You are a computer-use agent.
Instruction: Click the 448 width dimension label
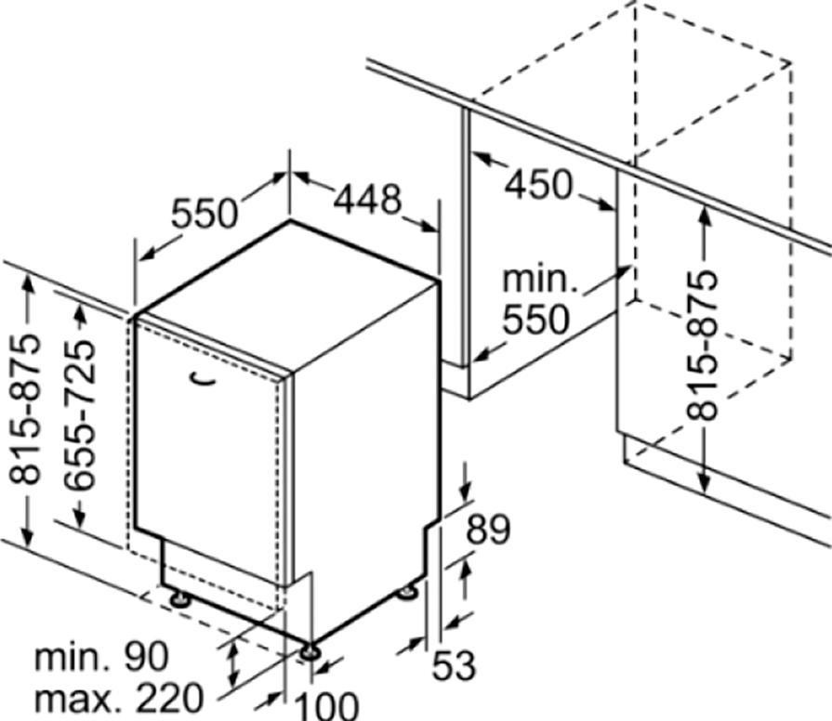[x=368, y=200]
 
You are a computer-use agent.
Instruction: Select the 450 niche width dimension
[x=538, y=185]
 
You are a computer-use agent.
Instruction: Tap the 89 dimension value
[x=488, y=529]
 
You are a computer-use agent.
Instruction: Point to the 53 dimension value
[x=454, y=665]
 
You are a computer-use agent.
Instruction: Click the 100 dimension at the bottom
[x=326, y=705]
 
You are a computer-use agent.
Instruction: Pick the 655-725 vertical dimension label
[x=80, y=414]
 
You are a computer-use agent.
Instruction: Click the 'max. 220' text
[x=119, y=698]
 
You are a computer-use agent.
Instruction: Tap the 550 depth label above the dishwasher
[x=205, y=213]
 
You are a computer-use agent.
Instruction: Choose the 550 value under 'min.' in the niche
[x=535, y=319]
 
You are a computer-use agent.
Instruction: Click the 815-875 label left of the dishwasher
[x=25, y=409]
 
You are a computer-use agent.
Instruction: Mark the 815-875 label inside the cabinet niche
[x=702, y=346]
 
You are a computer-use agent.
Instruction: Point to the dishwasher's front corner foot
[x=309, y=652]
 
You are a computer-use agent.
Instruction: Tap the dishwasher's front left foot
[x=180, y=599]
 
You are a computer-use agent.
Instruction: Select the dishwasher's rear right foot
[x=407, y=591]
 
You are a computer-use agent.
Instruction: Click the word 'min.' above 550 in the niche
[x=539, y=279]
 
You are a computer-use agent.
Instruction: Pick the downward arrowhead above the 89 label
[x=467, y=492]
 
